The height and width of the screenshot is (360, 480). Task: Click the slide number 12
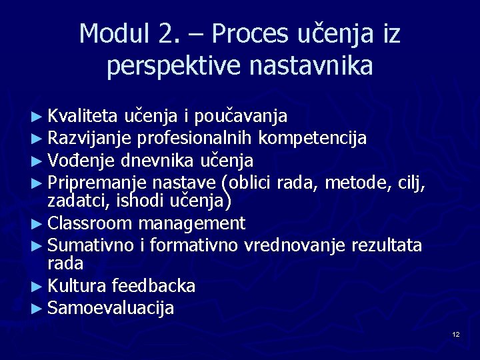tap(455, 334)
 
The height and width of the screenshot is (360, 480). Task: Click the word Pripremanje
tap(98, 182)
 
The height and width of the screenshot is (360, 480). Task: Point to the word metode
tap(355, 182)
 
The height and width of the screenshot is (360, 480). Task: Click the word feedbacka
tap(154, 287)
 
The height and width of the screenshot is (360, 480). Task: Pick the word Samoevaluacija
tap(111, 308)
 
